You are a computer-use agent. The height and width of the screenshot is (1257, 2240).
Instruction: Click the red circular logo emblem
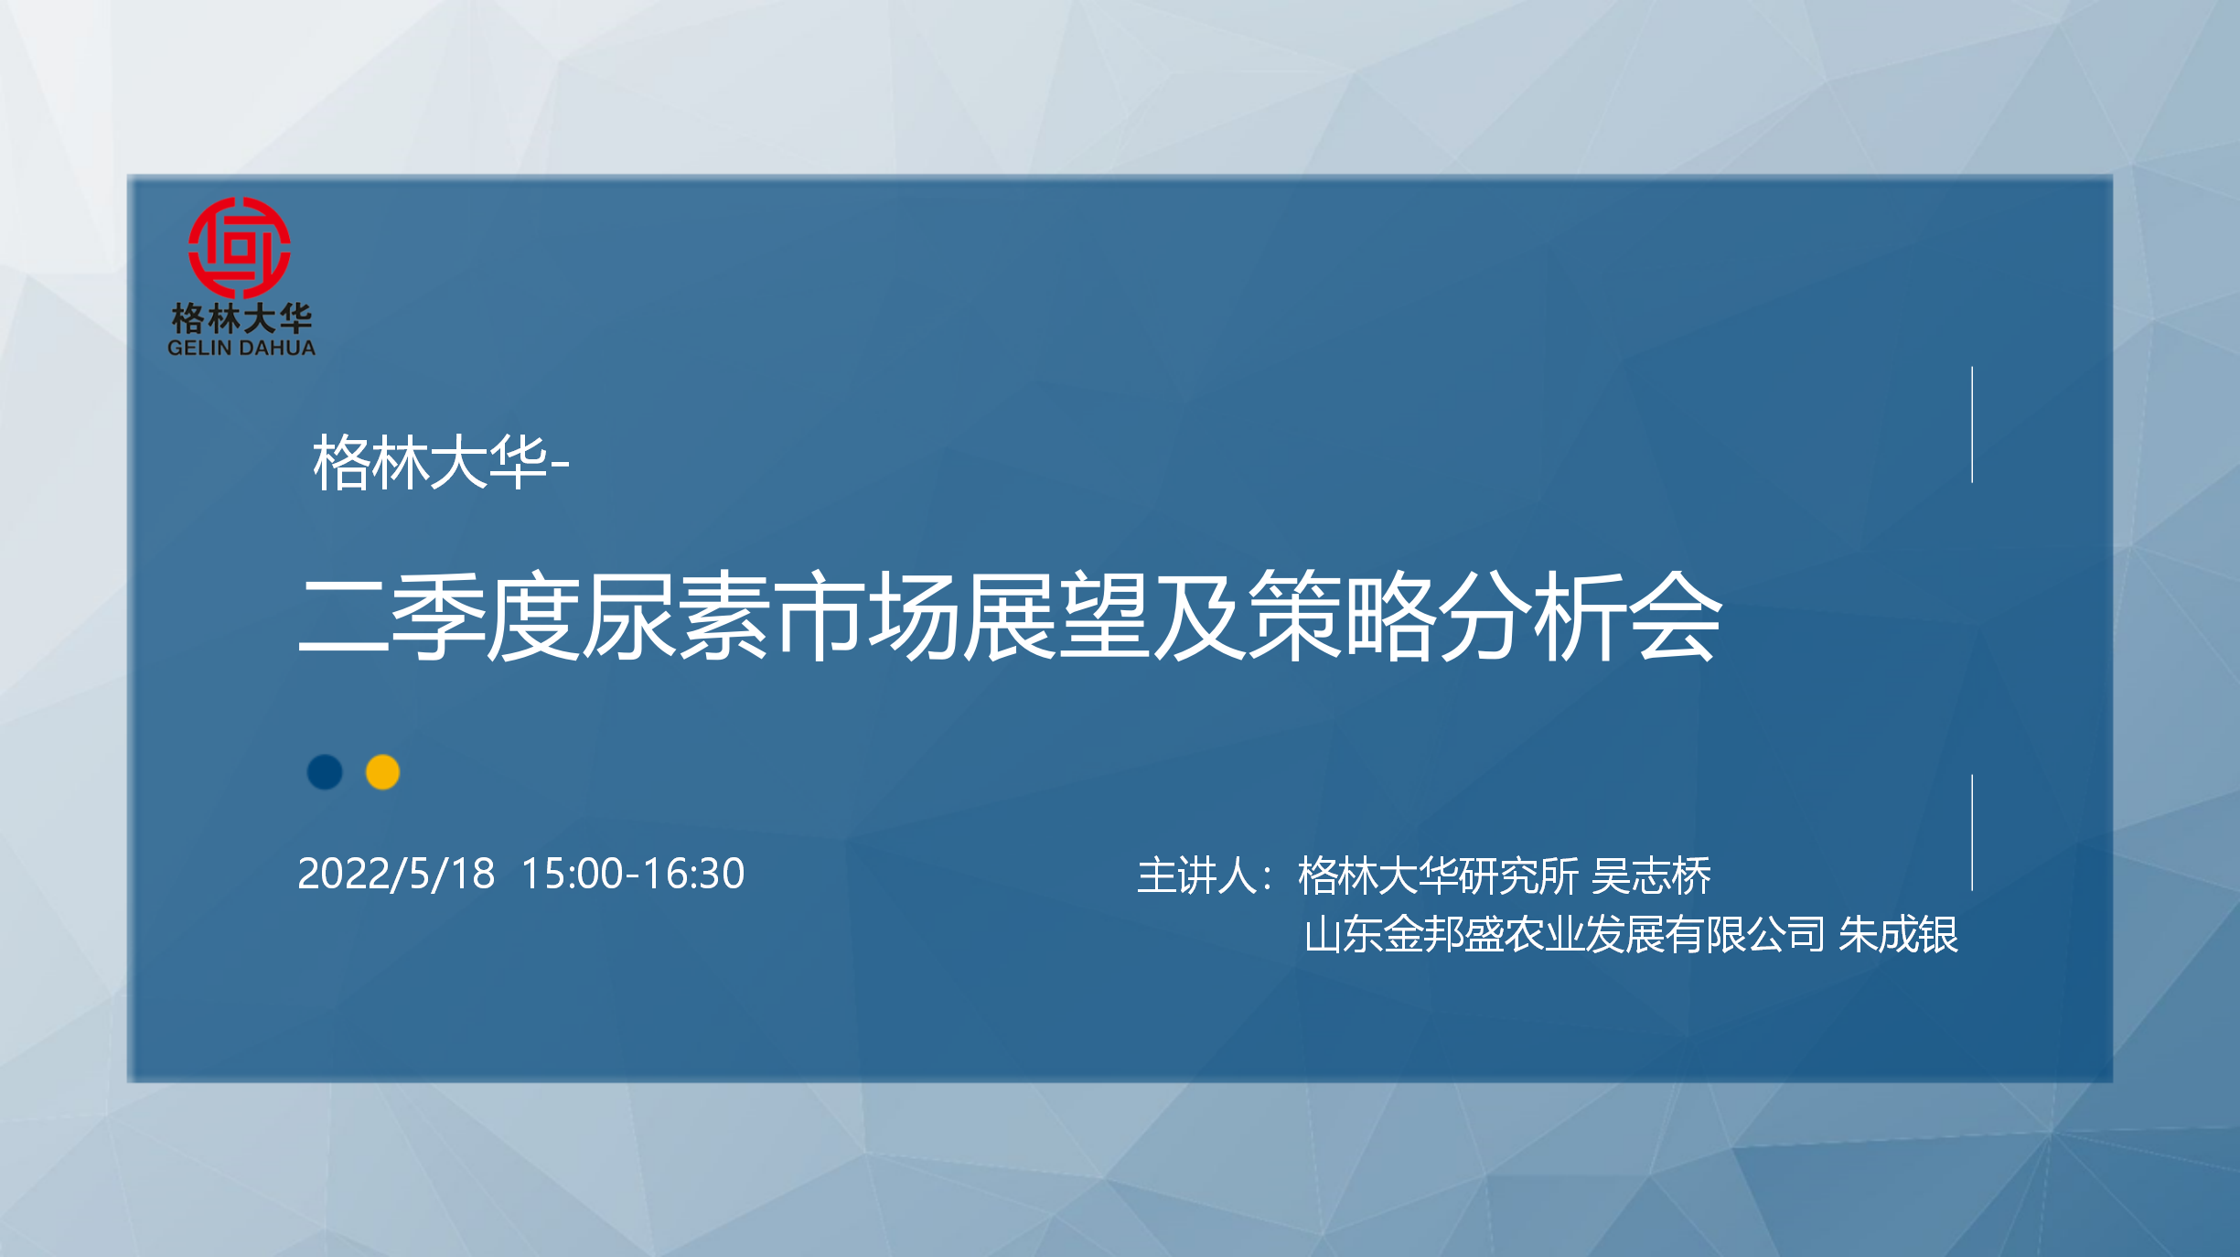[x=240, y=248]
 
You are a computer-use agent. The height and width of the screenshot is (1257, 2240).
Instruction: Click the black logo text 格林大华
[x=241, y=318]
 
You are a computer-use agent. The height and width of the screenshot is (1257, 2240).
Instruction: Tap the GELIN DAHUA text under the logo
[x=241, y=348]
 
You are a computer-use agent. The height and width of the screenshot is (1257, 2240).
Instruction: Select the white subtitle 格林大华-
[x=441, y=462]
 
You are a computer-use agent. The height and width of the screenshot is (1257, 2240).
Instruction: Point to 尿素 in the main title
[x=678, y=615]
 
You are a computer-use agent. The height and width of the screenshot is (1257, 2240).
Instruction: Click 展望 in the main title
[x=1057, y=615]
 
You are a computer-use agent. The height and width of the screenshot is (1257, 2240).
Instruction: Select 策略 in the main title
[x=1343, y=615]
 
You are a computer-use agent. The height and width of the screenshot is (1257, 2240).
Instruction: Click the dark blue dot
[x=325, y=772]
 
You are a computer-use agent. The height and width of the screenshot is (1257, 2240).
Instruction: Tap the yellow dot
[x=382, y=772]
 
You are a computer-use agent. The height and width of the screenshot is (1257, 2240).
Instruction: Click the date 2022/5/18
[x=396, y=874]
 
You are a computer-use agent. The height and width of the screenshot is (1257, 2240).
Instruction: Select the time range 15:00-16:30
[x=633, y=874]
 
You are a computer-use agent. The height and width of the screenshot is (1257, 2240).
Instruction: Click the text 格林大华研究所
[x=1438, y=876]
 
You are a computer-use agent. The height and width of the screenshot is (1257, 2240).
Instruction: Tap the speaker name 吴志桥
[x=1651, y=876]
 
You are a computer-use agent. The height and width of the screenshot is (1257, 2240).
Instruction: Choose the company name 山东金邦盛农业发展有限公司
[x=1565, y=935]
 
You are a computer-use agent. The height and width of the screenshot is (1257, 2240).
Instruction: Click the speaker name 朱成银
[x=1898, y=935]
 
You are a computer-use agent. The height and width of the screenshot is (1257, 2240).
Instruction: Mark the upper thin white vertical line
[x=1972, y=424]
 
